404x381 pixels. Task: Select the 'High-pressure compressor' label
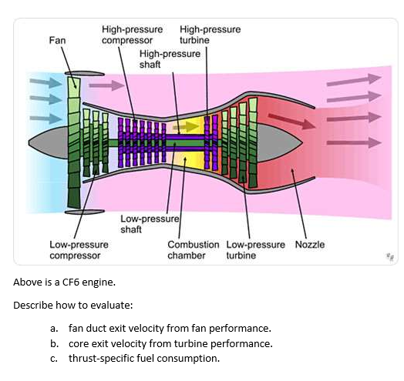[x=126, y=35]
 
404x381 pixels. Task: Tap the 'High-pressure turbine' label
[x=209, y=35]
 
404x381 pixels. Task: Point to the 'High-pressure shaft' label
[x=169, y=59]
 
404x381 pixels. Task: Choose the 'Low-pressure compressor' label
[x=79, y=249]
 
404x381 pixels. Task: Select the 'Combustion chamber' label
[x=193, y=249]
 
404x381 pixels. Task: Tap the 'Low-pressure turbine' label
[x=257, y=249]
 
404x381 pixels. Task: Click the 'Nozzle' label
[x=309, y=244]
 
